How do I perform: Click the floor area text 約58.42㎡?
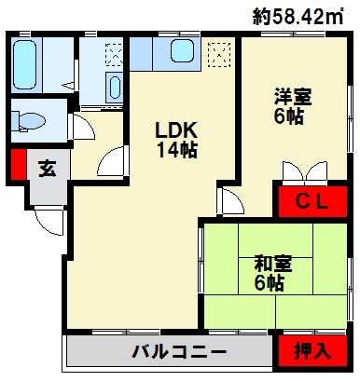point(303,15)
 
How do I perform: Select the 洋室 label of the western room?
point(292,96)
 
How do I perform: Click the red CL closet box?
point(309,202)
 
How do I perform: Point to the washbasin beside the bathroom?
point(114,88)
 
